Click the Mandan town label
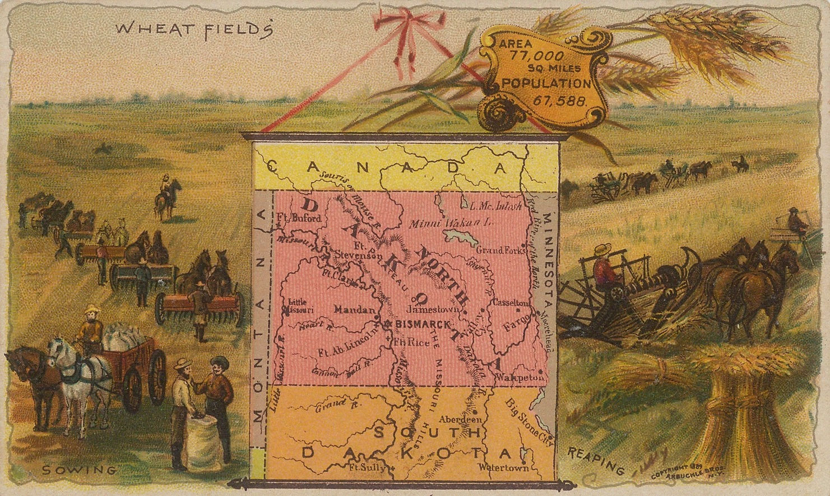tap(354, 309)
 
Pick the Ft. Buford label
tap(300, 218)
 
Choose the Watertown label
tap(503, 467)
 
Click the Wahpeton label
tap(520, 377)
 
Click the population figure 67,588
tap(560, 102)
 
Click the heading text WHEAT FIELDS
tap(194, 29)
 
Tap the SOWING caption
tap(79, 470)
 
